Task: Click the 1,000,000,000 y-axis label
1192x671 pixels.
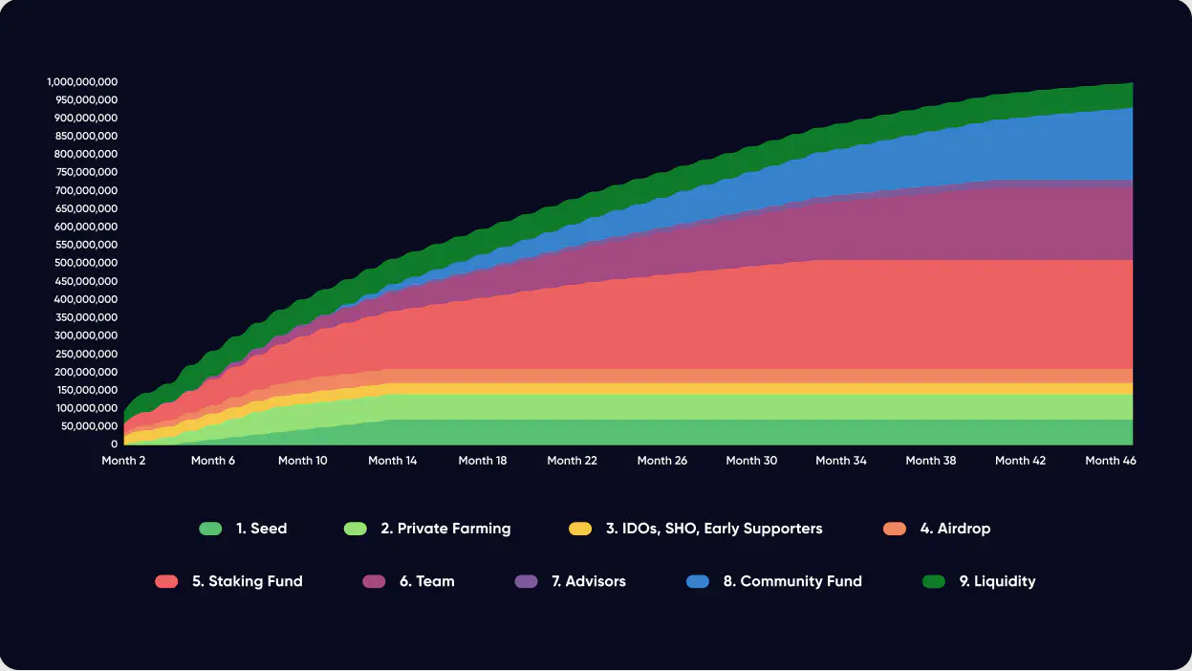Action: point(82,82)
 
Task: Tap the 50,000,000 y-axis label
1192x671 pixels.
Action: point(90,426)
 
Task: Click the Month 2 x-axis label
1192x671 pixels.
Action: point(123,461)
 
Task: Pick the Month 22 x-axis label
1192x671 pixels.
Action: point(572,461)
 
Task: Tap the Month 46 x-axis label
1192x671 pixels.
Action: point(1110,461)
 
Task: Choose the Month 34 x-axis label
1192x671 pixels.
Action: point(841,461)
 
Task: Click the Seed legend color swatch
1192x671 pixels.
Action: point(210,529)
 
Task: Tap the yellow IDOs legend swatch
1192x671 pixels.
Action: point(580,529)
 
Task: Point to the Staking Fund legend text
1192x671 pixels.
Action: point(248,581)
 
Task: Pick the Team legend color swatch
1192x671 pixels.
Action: point(375,581)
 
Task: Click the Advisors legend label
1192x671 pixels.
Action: point(589,581)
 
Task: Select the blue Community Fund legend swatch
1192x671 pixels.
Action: point(698,581)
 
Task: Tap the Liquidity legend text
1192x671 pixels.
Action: point(997,581)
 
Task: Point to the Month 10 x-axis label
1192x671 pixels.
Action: point(302,461)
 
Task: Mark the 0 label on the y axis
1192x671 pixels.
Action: point(114,444)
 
